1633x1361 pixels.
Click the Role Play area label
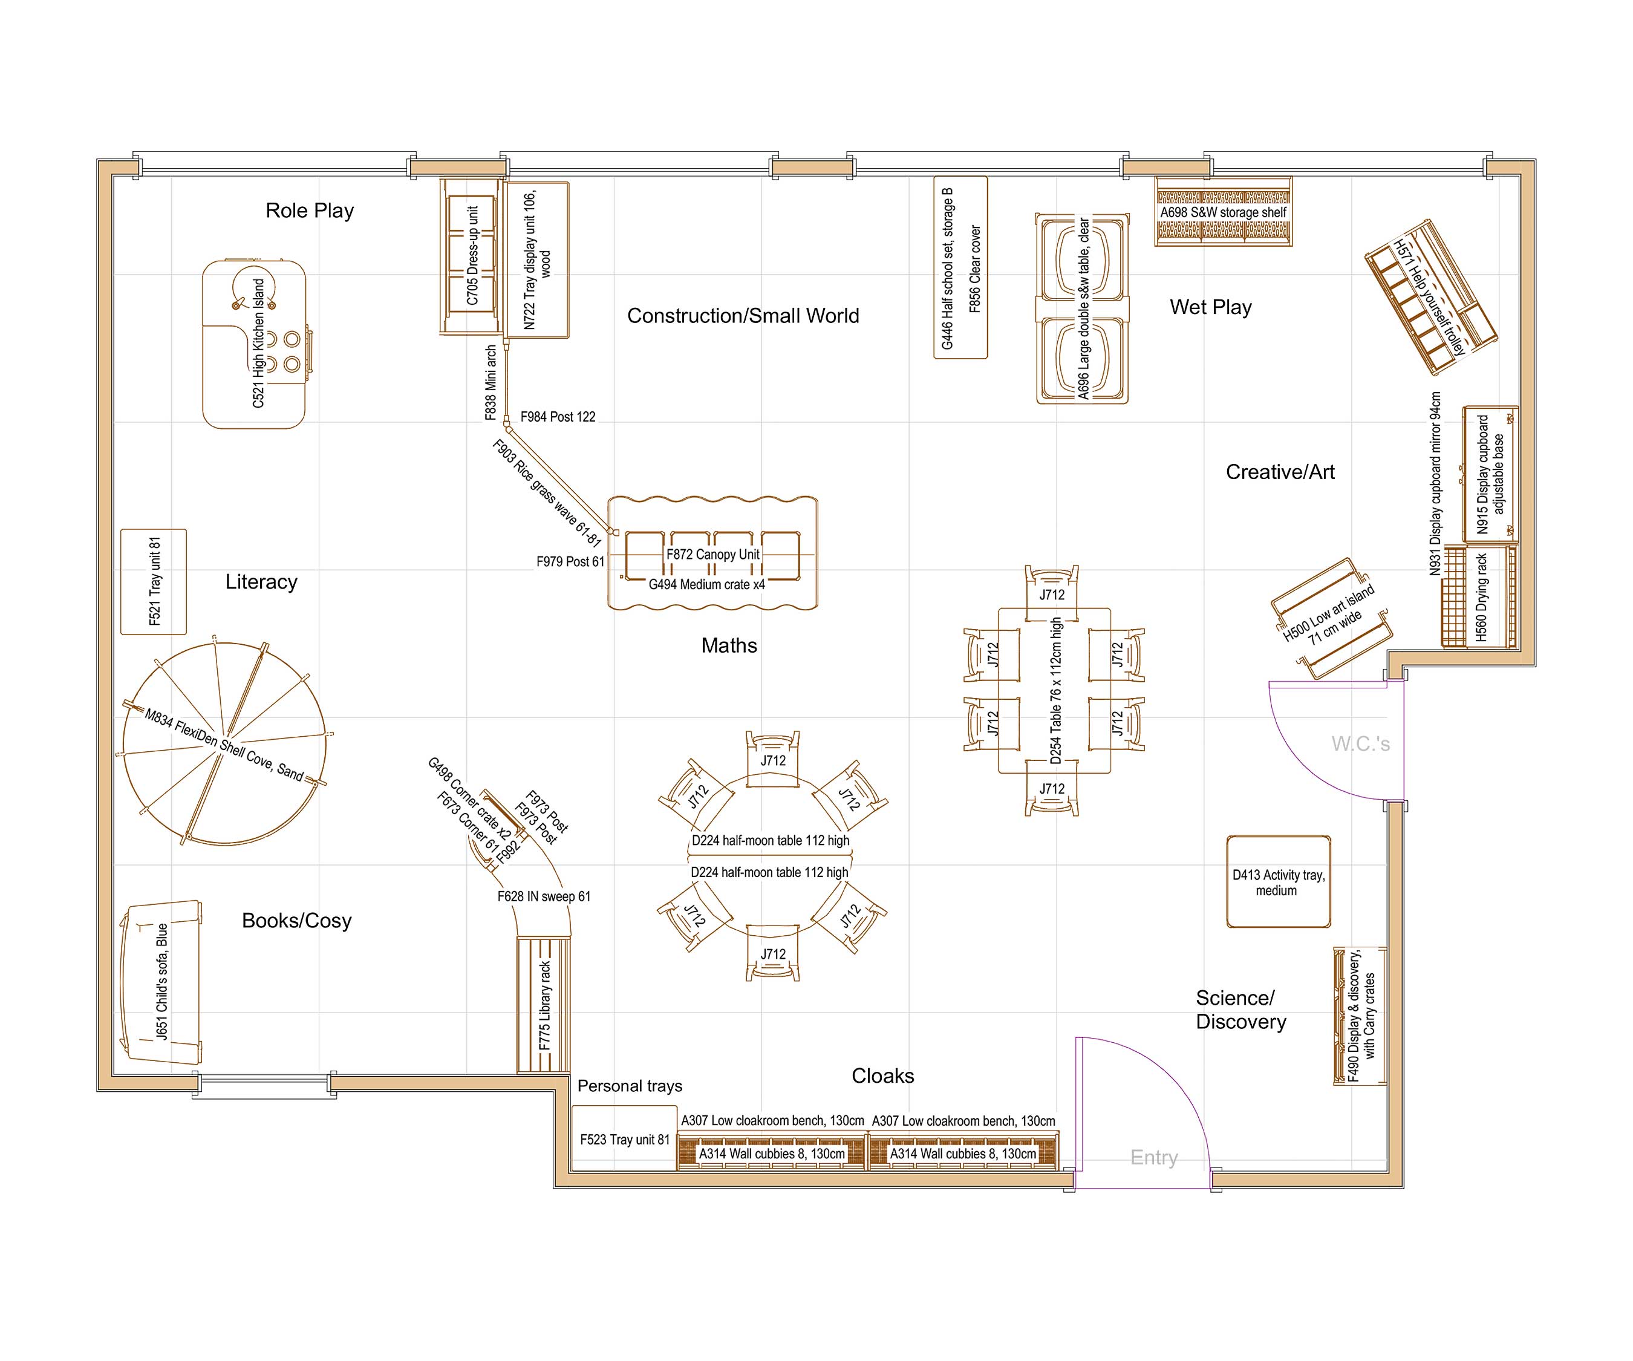coord(310,211)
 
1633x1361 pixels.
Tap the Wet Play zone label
coord(1211,307)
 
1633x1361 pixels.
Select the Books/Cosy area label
coord(296,921)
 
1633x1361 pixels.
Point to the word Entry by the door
coord(1154,1158)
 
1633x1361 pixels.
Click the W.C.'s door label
coord(1360,743)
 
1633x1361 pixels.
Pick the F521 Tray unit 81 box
coord(154,582)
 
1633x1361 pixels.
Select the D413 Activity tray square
coord(1279,882)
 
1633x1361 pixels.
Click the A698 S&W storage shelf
coord(1223,212)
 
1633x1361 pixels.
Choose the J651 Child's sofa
coord(161,982)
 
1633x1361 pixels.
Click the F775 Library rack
coord(544,1005)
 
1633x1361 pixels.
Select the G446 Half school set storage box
coord(960,267)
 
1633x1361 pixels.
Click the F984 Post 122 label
coord(558,417)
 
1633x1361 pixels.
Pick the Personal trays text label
coord(630,1086)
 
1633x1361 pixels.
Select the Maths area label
coord(729,645)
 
